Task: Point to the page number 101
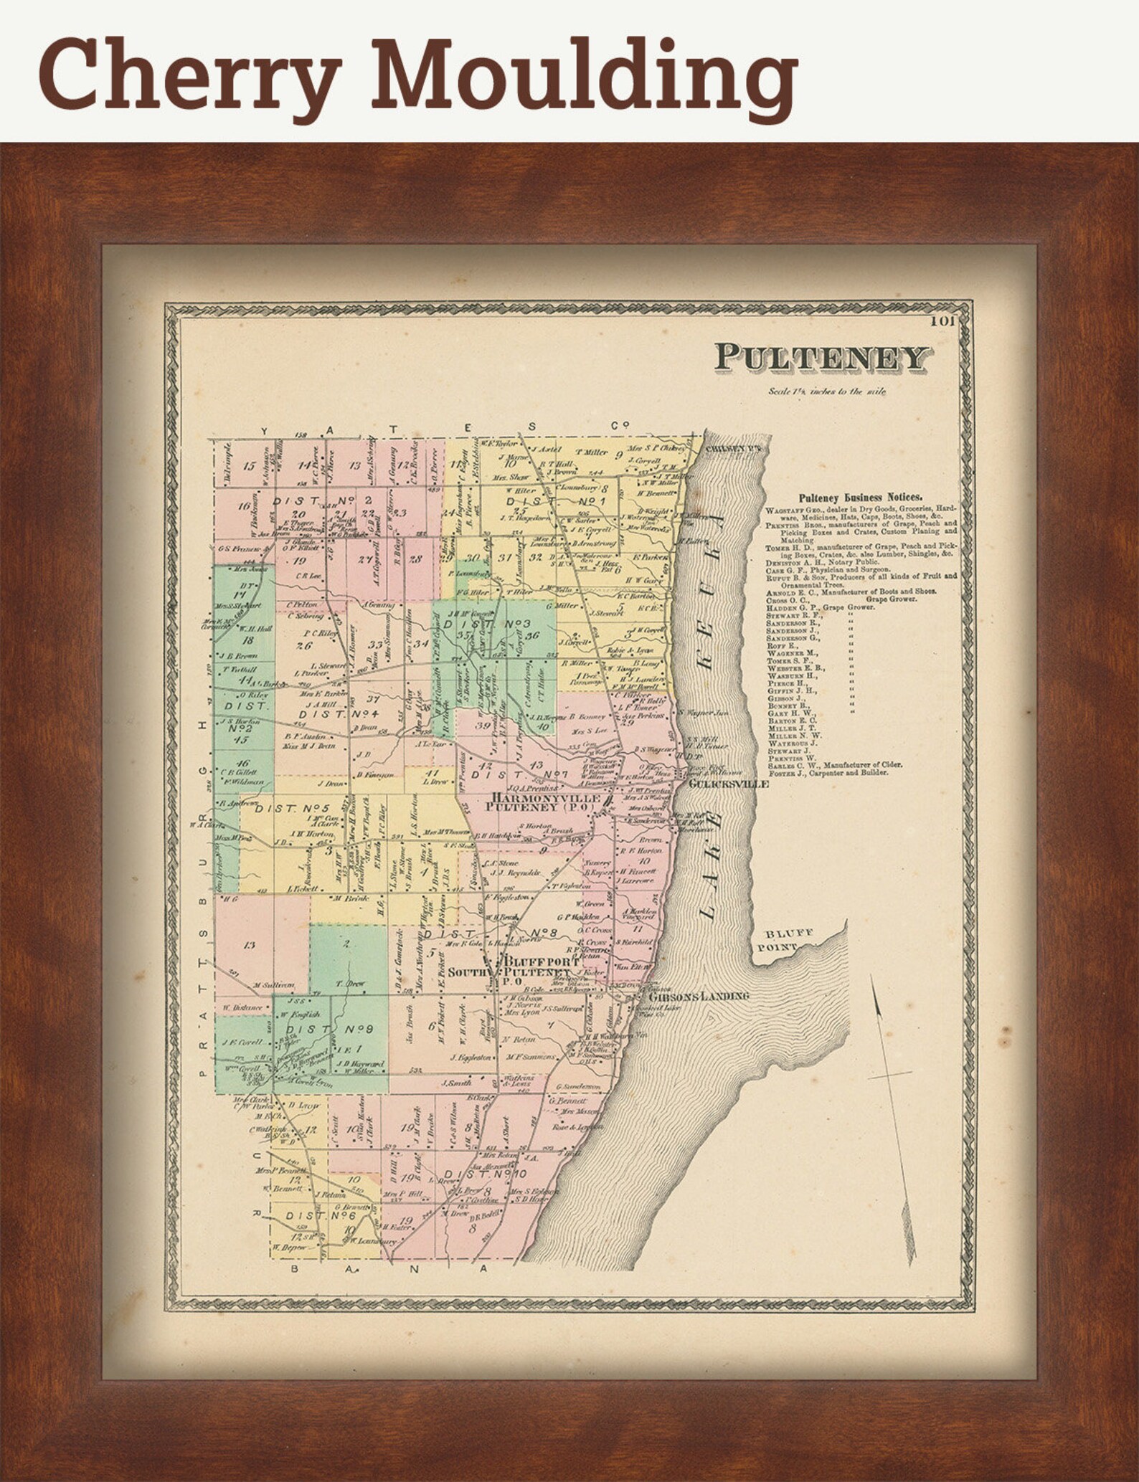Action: [943, 321]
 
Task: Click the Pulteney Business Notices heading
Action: [861, 496]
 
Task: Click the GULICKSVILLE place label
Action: [727, 784]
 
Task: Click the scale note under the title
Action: [826, 391]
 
